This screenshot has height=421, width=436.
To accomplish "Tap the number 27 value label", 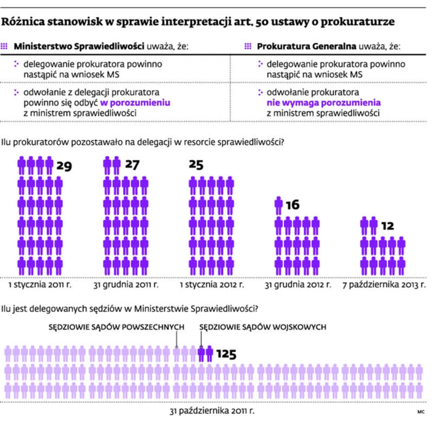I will pos(132,164).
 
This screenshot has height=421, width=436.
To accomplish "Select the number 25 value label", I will pos(197,165).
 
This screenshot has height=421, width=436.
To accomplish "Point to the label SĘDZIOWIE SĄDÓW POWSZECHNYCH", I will pos(117,327).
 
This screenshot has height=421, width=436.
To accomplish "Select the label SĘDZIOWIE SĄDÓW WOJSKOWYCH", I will pos(262,327).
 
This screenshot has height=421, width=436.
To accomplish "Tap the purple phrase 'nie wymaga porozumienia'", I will pos(323,102).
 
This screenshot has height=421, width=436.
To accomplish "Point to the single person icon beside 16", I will pos(279,206).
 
